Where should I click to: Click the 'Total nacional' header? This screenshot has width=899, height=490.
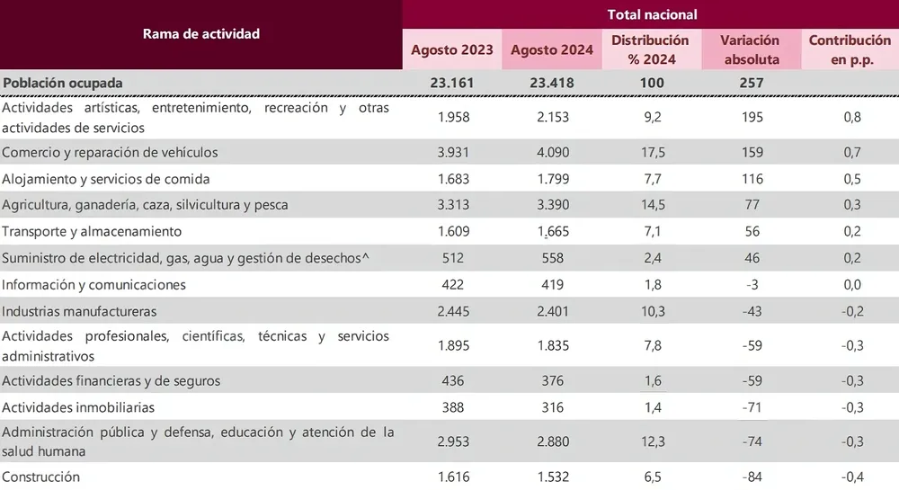[x=651, y=14]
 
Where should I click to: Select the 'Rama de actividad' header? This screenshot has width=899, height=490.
[x=201, y=34]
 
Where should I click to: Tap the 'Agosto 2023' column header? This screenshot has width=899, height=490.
[x=452, y=50]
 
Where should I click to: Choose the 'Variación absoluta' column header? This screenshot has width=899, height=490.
[x=750, y=50]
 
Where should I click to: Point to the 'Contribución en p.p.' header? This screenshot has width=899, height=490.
[x=850, y=50]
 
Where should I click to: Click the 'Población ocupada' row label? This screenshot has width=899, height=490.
[x=63, y=83]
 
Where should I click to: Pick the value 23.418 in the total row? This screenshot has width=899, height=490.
[x=551, y=83]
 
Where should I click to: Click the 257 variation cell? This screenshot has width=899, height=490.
[x=750, y=83]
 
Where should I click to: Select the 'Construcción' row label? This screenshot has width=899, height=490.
[x=41, y=477]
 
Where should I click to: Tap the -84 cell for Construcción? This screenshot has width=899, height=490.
[x=750, y=477]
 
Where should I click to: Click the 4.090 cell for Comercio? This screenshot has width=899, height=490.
[x=551, y=152]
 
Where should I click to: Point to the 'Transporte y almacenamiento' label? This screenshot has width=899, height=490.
[x=93, y=231]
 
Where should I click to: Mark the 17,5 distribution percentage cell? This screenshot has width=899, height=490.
[x=650, y=152]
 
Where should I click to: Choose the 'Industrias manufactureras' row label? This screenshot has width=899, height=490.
[x=80, y=311]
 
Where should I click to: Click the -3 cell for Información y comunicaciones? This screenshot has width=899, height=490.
[x=750, y=284]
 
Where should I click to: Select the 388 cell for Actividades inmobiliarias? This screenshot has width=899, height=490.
[x=452, y=407]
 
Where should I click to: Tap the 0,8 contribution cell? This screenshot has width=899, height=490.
[x=850, y=117]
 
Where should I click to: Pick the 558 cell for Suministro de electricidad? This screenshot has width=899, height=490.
[x=551, y=258]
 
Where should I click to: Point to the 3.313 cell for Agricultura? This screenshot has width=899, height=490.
[x=452, y=204]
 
